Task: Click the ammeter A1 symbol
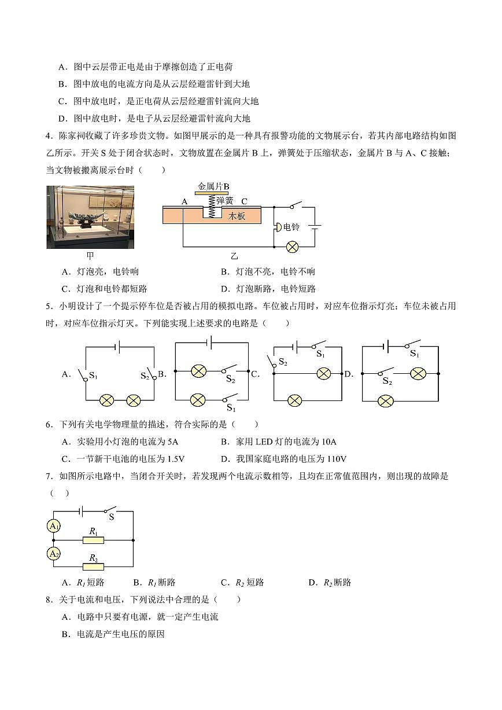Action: (54, 526)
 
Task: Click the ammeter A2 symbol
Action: (54, 554)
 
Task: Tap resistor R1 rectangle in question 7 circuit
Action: (93, 540)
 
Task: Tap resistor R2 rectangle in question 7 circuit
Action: (93, 566)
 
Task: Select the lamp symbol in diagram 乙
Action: (292, 247)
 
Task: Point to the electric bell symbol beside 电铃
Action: (278, 227)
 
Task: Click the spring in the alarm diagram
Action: (212, 206)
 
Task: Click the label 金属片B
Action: (213, 186)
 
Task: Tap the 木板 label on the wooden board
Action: (237, 216)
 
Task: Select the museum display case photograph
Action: (90, 217)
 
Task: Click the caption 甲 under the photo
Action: (90, 256)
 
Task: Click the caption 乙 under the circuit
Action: (234, 256)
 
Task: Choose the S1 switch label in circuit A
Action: (93, 376)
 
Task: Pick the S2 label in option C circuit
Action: (283, 362)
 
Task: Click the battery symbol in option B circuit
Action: (209, 343)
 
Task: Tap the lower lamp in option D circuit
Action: (386, 401)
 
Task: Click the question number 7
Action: (49, 476)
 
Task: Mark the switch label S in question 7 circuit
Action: (112, 517)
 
